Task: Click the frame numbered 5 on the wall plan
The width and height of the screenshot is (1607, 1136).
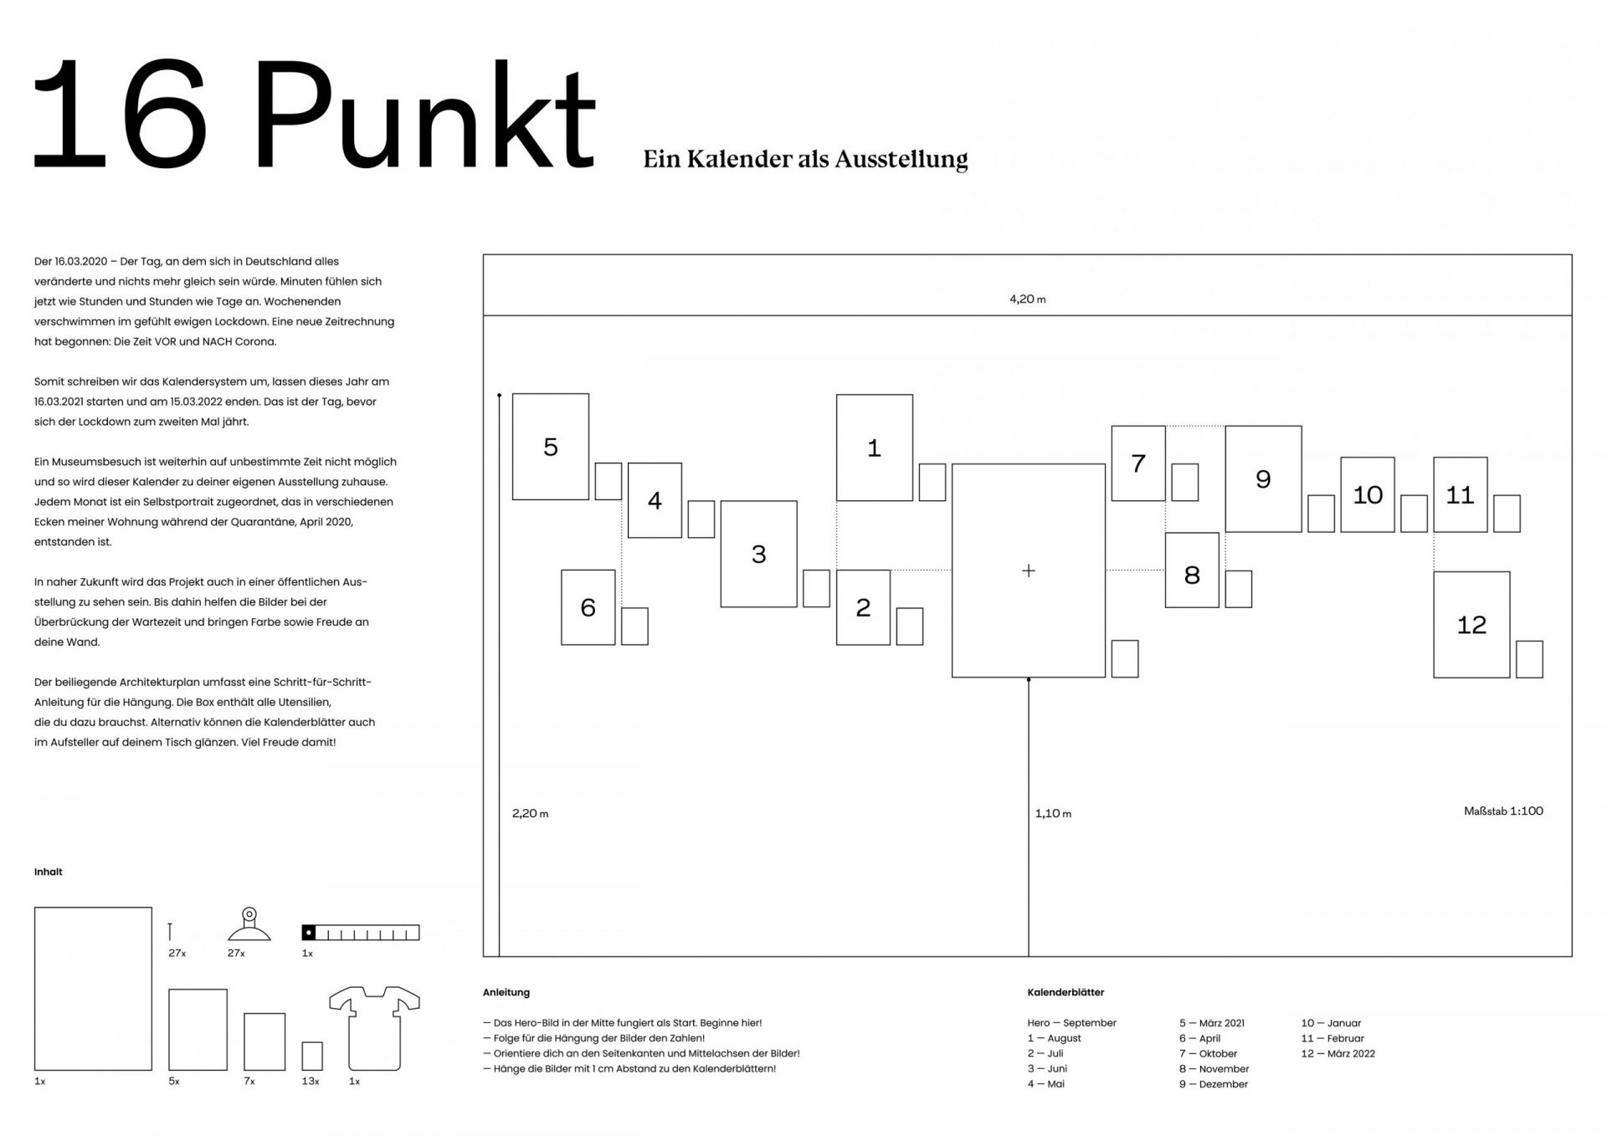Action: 550,447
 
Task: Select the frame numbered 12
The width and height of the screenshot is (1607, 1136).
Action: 1471,624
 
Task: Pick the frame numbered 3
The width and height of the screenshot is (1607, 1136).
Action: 758,554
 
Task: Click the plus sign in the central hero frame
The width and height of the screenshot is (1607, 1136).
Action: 1029,571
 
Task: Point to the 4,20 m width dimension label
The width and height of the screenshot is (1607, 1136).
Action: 1028,299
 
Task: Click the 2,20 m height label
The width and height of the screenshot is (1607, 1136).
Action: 530,813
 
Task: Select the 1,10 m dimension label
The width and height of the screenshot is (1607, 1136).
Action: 1053,813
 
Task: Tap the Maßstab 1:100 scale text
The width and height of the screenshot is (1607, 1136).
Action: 1503,811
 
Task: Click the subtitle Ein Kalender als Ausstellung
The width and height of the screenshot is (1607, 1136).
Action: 805,159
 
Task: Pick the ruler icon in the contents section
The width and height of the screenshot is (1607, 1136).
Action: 360,933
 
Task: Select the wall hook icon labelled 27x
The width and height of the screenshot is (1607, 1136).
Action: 249,926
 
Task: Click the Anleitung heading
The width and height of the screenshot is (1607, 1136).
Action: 506,992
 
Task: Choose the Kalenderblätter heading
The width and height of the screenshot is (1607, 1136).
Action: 1065,992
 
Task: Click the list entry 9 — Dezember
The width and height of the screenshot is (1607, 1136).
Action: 1213,1084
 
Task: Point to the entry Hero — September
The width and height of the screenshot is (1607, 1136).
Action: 1071,1023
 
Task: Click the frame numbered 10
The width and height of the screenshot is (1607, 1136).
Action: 1367,494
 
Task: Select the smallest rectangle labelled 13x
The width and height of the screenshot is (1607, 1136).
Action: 312,1056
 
